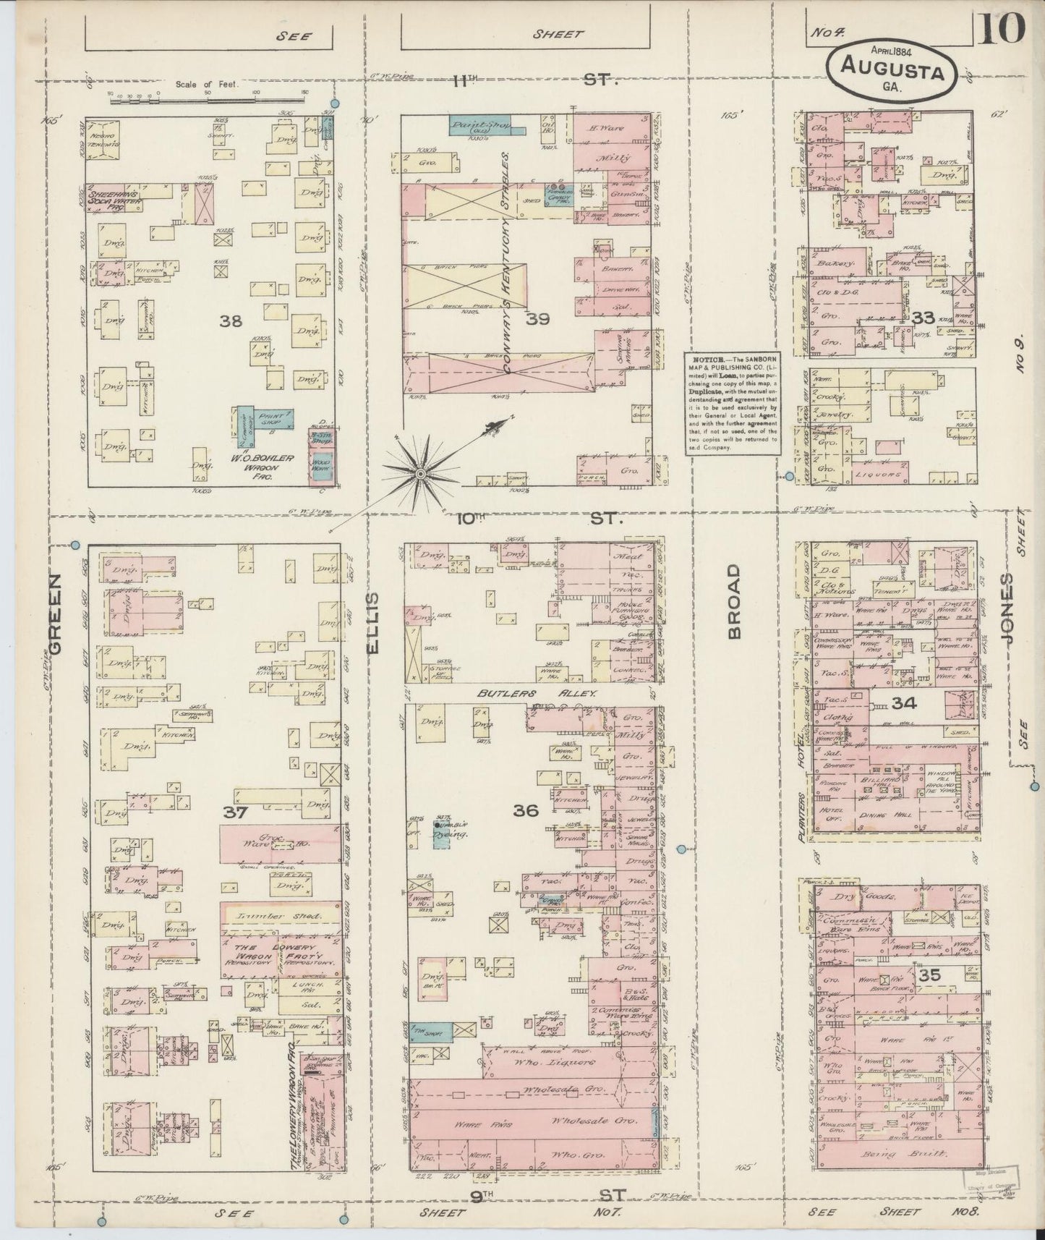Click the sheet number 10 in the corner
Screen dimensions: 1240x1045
click(1004, 29)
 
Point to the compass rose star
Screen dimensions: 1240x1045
click(419, 472)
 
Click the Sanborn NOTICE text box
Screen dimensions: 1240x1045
click(732, 402)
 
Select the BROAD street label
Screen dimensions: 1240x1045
click(735, 602)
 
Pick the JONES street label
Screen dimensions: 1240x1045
click(1007, 609)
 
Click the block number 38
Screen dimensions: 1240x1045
click(231, 320)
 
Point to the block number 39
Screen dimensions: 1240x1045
click(538, 319)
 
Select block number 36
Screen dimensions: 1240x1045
click(526, 811)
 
